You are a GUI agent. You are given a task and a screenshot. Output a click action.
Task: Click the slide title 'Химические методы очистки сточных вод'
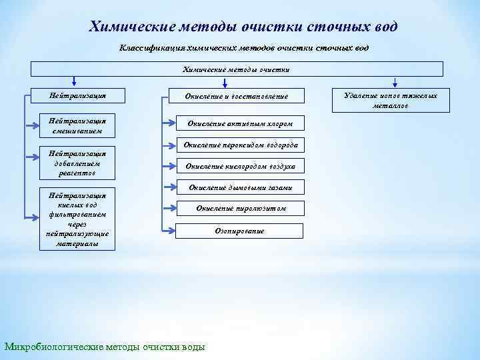243,27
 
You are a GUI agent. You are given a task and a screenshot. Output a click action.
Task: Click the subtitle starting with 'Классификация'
243,48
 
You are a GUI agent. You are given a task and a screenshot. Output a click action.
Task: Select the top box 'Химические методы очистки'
237,69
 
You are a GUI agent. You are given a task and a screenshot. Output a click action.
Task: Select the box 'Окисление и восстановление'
237,97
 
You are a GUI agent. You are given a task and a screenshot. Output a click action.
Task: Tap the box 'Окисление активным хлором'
240,123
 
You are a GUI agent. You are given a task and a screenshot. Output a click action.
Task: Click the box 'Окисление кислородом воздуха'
240,166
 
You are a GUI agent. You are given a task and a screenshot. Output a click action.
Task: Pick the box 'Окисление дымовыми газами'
240,187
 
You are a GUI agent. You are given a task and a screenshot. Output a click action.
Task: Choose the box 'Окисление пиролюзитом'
240,209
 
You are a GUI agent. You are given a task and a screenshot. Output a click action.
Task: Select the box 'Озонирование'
240,231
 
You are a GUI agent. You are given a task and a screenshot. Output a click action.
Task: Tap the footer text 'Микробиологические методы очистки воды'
105,347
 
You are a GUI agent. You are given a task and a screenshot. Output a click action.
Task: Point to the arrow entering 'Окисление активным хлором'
168,124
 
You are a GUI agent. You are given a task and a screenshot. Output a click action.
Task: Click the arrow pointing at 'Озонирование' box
168,231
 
